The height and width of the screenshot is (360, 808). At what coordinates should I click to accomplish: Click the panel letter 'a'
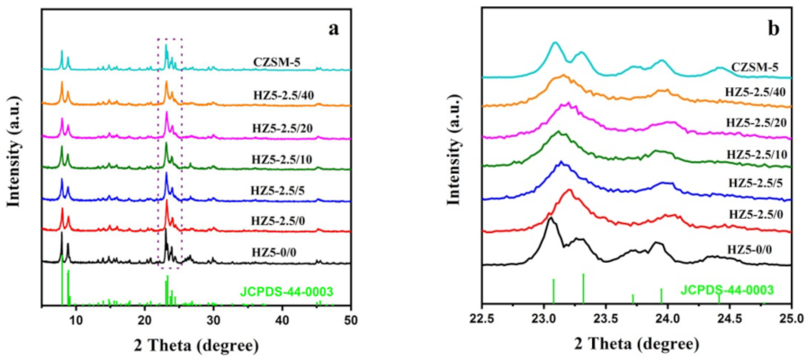[334, 27]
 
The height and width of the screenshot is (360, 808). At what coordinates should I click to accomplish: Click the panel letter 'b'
[772, 28]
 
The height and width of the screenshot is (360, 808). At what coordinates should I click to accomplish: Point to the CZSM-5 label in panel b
[754, 66]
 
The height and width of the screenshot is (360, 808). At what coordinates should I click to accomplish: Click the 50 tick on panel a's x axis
[352, 320]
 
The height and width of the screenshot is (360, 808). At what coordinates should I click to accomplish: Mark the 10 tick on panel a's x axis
[76, 320]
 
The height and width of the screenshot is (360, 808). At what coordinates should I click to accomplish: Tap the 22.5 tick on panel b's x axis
[483, 320]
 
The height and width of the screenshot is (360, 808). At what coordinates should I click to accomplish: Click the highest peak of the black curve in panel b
[550, 219]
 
